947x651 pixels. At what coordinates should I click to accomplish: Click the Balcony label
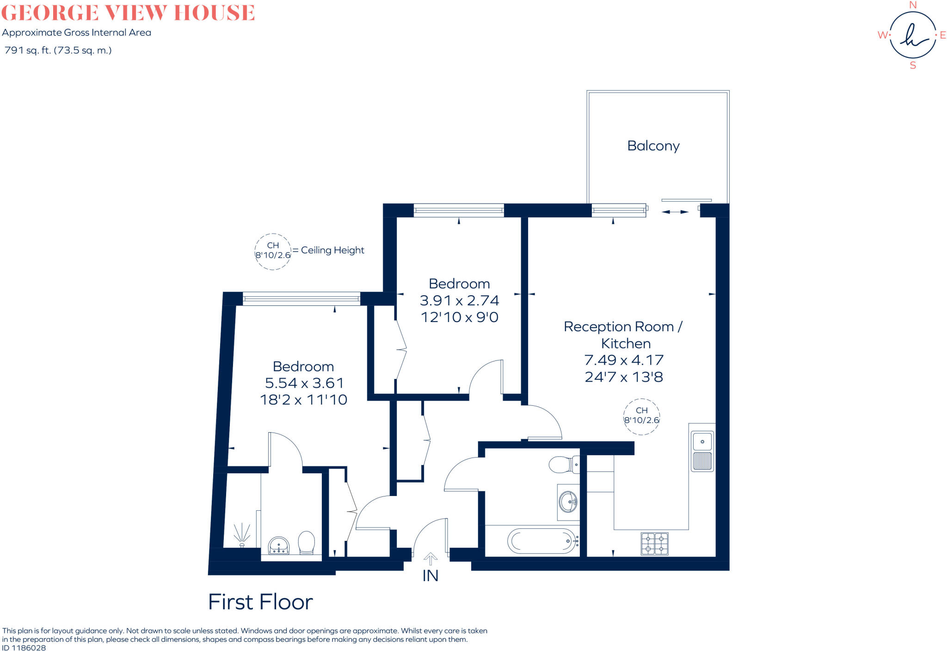pyautogui.click(x=653, y=146)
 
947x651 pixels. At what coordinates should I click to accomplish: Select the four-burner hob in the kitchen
pyautogui.click(x=654, y=544)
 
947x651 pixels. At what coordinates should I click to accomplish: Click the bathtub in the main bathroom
pyautogui.click(x=543, y=540)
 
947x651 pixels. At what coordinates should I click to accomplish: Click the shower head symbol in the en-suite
pyautogui.click(x=241, y=535)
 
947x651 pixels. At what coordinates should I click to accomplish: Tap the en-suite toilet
pyautogui.click(x=306, y=542)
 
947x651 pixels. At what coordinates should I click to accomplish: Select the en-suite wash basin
pyautogui.click(x=278, y=546)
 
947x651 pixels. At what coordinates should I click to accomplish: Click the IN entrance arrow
pyautogui.click(x=430, y=559)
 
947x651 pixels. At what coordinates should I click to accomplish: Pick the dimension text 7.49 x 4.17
pyautogui.click(x=624, y=360)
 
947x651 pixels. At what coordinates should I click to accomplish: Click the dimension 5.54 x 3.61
pyautogui.click(x=304, y=383)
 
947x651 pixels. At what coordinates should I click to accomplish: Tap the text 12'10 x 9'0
pyautogui.click(x=459, y=317)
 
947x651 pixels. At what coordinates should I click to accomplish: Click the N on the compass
pyautogui.click(x=912, y=5)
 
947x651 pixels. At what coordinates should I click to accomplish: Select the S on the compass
pyautogui.click(x=912, y=66)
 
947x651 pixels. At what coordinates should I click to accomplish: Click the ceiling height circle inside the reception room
pyautogui.click(x=641, y=416)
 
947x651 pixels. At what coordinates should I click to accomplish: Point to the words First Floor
pyautogui.click(x=260, y=602)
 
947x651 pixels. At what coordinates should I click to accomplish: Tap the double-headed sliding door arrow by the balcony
pyautogui.click(x=675, y=212)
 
